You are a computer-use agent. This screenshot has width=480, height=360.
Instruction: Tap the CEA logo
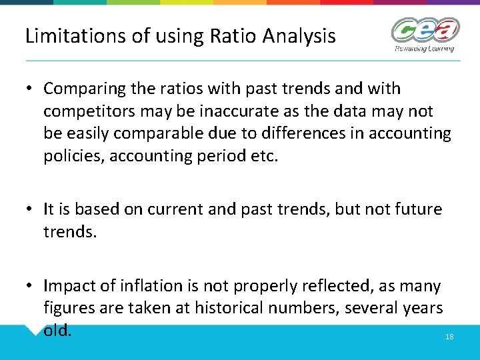click(424, 30)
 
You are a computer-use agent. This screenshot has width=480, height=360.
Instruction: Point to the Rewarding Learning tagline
click(424, 48)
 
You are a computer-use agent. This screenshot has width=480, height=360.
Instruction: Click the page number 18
click(449, 337)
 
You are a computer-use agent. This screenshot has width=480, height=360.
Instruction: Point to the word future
click(417, 209)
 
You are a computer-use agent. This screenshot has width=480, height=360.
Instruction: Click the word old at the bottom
click(57, 331)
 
